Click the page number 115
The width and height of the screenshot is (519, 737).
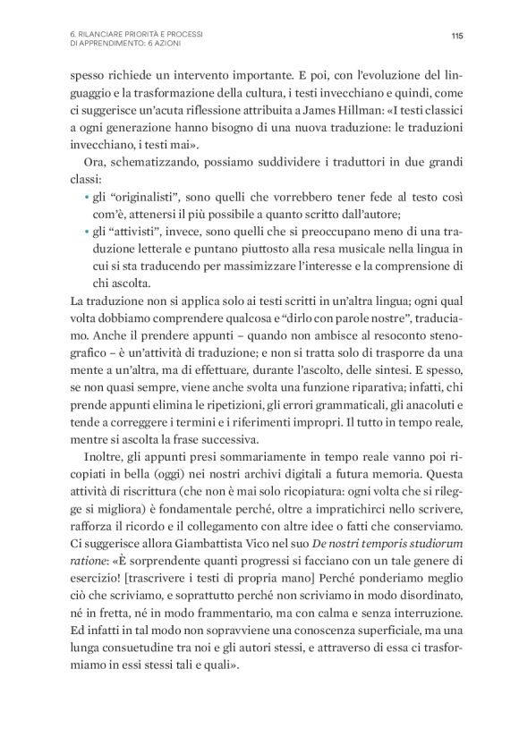pyautogui.click(x=456, y=37)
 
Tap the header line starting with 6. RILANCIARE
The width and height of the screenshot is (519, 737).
pyautogui.click(x=135, y=33)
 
